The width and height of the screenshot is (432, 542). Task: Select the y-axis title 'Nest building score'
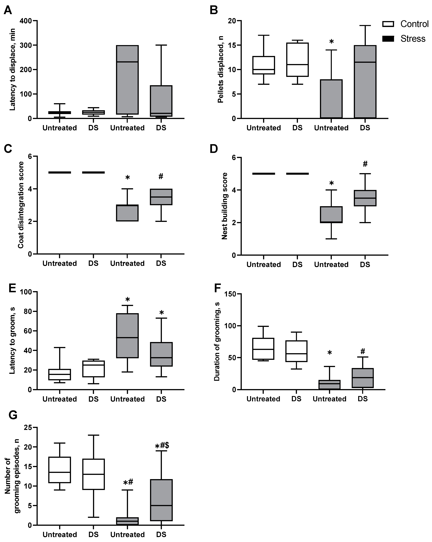pos(225,206)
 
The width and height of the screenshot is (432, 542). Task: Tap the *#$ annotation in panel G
pos(162,446)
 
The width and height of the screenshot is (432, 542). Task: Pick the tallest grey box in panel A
pos(128,80)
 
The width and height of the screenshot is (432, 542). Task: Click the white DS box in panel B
pos(298,60)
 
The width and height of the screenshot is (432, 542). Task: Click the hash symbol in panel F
pos(362,351)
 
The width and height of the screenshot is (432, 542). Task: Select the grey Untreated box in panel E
pos(128,336)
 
